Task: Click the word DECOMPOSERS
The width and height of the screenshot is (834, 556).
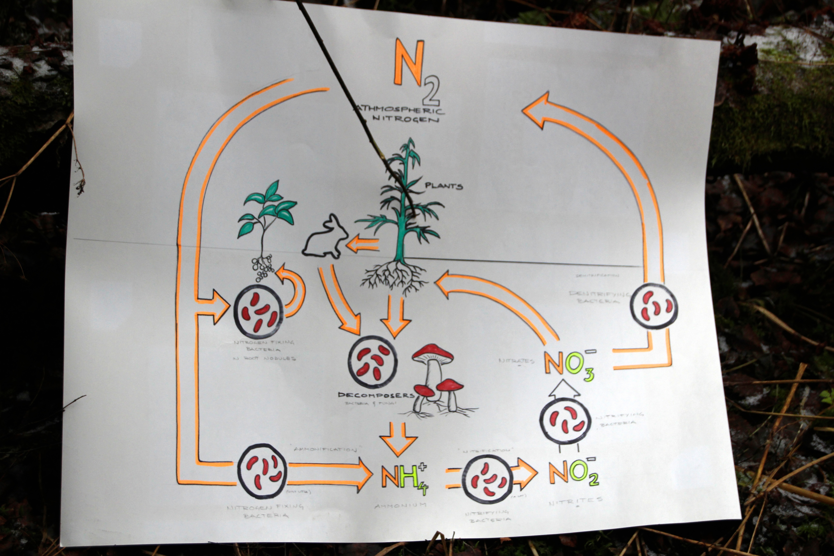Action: click(x=376, y=395)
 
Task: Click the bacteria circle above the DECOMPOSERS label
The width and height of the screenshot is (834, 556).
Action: click(x=372, y=362)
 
